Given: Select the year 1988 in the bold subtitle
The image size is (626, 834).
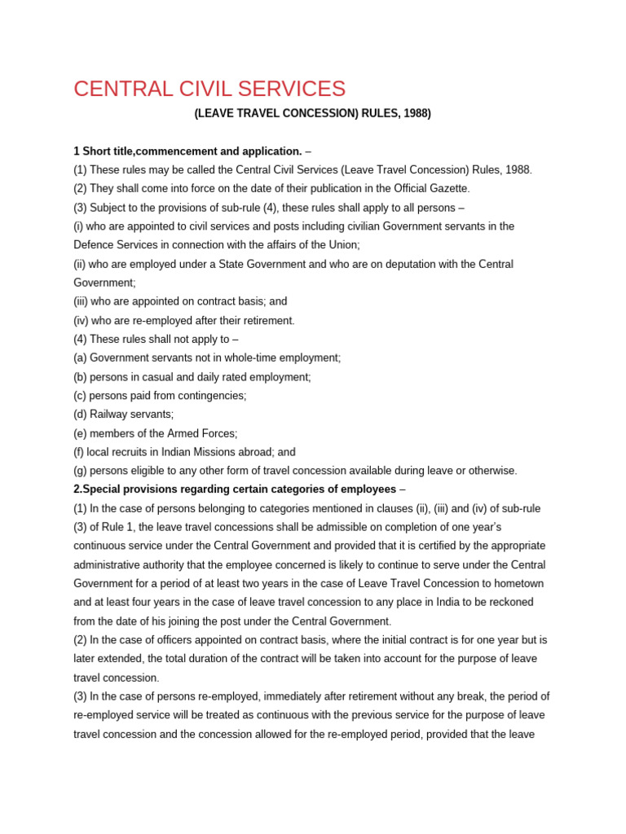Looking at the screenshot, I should click(413, 113).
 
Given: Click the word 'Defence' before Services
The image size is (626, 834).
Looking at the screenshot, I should click(95, 244).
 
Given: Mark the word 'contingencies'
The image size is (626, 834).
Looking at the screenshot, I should click(211, 396).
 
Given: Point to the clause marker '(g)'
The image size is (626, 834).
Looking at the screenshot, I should click(80, 471).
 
